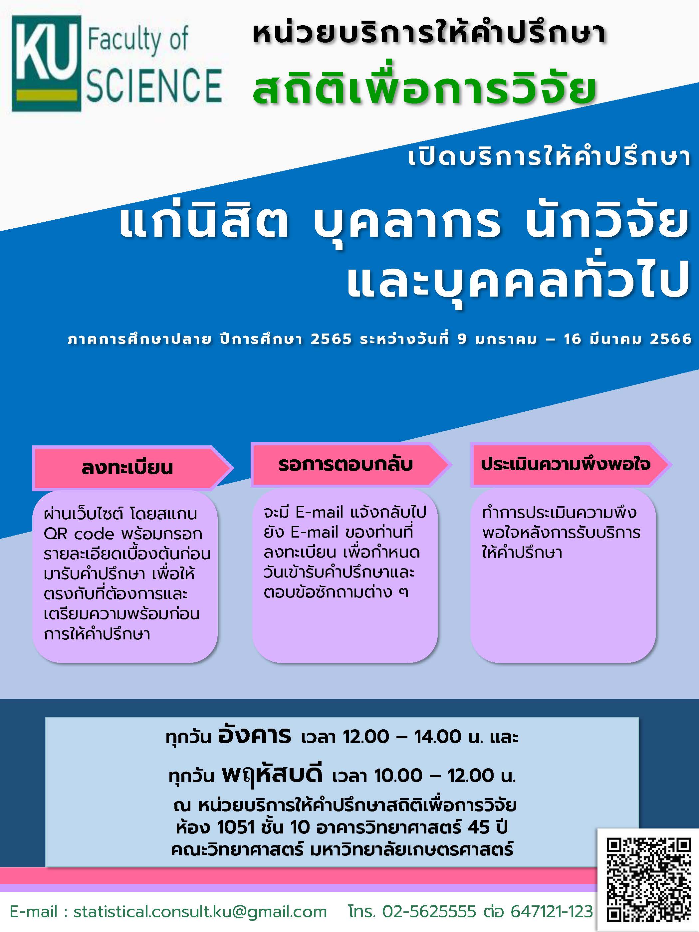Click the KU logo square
[x=46, y=64]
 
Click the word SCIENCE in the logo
[x=154, y=86]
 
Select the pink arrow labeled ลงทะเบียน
[x=132, y=468]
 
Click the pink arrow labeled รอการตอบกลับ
[x=351, y=465]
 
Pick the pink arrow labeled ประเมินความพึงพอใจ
[x=571, y=465]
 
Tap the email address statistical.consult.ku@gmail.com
[x=200, y=912]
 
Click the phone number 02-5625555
[x=429, y=912]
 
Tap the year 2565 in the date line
[x=331, y=339]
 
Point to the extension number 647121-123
[x=552, y=912]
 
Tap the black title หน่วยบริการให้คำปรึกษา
[x=429, y=34]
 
